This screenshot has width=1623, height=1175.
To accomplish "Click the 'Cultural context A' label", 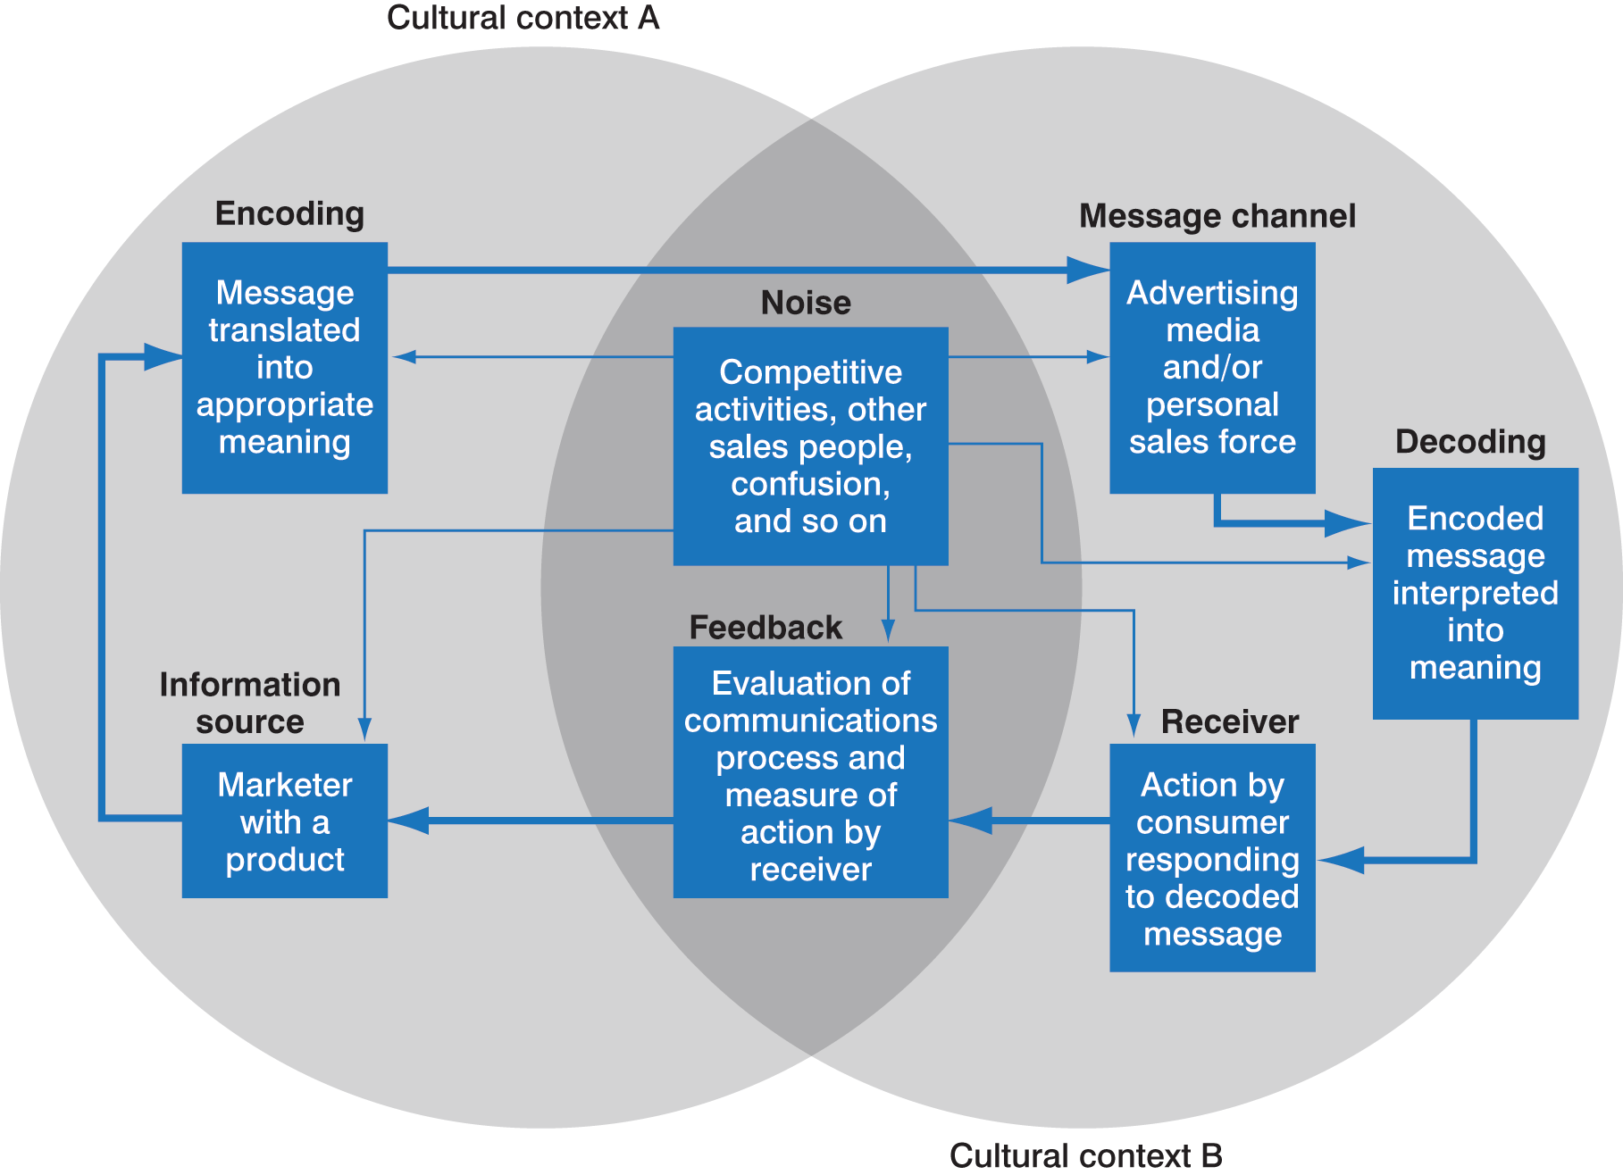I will pos(523,18).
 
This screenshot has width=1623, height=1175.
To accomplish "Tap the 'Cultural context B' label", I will pos(1085,1155).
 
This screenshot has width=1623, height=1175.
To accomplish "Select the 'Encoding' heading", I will pos(289,213).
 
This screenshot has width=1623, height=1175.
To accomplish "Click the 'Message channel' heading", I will pos(1217,216).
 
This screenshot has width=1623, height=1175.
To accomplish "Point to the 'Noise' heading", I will pos(806,303).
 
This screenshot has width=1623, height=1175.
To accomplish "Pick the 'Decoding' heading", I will pos(1470,442).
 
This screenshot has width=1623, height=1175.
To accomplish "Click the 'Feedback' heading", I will pos(765,628).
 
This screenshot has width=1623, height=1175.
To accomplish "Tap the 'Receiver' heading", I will pos(1229,721).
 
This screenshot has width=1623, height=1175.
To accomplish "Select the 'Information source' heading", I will pos(250,703).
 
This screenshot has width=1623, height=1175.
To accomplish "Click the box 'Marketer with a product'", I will pos(285,821).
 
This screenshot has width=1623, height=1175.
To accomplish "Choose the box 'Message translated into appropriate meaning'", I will pos(285,368).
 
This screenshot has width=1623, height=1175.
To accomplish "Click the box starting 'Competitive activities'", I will pos(810,446).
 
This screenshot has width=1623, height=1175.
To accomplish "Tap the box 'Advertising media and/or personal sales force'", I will pos(1212,368).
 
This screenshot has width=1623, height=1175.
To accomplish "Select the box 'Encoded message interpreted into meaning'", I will pos(1475,594).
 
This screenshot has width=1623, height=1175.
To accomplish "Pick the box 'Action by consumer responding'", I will pos(1212,858).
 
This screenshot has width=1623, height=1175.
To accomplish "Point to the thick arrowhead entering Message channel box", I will pos(1090,270).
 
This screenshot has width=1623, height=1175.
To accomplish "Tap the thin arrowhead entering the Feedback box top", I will pos(888,632).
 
